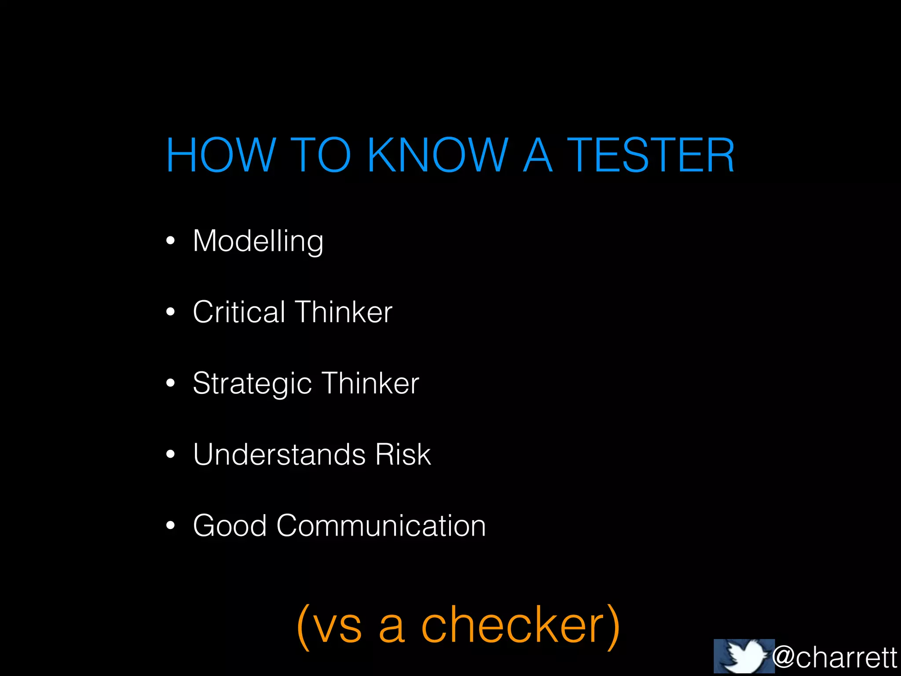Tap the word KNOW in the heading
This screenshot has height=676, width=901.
tap(438, 155)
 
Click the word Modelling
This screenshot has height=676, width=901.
tap(258, 241)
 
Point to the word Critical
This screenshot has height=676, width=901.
tap(239, 312)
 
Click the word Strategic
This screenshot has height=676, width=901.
tap(253, 384)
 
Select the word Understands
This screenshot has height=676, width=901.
tap(279, 455)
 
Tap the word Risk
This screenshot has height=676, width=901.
tap(403, 455)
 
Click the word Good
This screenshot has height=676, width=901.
tap(230, 525)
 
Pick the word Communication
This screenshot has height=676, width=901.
tap(381, 525)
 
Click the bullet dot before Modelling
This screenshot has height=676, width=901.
tap(171, 241)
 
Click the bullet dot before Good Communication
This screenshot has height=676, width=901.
tap(171, 525)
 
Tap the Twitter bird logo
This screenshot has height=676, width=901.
tap(744, 656)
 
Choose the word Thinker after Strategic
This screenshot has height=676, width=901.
tap(370, 383)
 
